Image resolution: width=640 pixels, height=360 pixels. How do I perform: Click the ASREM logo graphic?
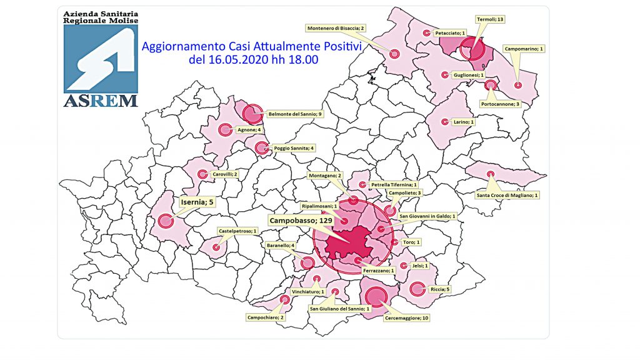click(x=101, y=59)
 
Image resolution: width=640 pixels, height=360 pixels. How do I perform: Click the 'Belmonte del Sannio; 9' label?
click(x=294, y=114)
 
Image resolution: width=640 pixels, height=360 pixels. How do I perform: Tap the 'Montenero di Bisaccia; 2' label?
click(x=336, y=28)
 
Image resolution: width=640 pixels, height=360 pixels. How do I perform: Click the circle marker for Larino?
click(x=445, y=122)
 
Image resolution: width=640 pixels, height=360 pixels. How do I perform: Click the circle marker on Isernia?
click(x=166, y=221)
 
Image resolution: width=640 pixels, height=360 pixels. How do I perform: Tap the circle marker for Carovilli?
click(x=201, y=174)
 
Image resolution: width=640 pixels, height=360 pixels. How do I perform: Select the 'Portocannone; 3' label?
click(x=501, y=104)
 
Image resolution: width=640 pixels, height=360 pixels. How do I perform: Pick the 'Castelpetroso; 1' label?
click(x=237, y=231)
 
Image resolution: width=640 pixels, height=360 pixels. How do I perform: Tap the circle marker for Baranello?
click(x=306, y=263)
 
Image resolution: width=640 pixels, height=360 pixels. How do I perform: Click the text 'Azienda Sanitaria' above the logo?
click(x=101, y=12)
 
